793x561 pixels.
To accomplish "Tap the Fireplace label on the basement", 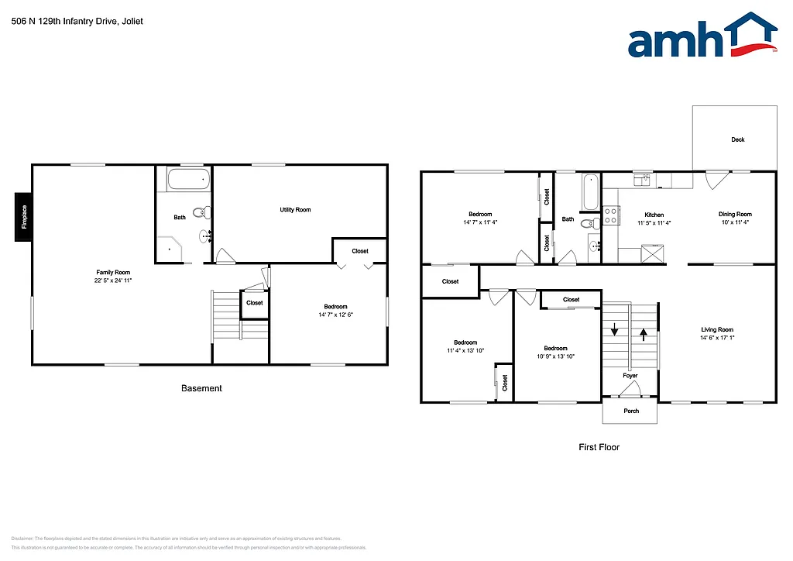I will (x=24, y=216).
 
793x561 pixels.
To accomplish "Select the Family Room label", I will (x=113, y=272).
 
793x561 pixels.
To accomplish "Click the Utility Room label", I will (x=295, y=210).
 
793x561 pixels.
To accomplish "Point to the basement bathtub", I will (x=186, y=181).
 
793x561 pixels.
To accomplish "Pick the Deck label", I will (x=738, y=139).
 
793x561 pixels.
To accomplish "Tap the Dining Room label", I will (x=735, y=214).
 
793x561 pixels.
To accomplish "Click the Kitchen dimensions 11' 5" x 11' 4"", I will (x=654, y=223).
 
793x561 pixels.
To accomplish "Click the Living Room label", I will (x=717, y=329).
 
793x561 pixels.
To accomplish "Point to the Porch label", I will (x=631, y=411).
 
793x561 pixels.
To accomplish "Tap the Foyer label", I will (x=630, y=376).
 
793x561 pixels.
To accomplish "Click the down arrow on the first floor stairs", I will (x=616, y=331).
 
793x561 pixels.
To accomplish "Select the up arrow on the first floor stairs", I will (x=644, y=335).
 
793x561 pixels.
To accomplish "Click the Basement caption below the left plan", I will (x=201, y=388).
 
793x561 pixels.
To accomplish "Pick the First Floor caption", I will (x=599, y=447).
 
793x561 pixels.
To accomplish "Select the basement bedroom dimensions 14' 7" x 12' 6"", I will (x=333, y=315).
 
